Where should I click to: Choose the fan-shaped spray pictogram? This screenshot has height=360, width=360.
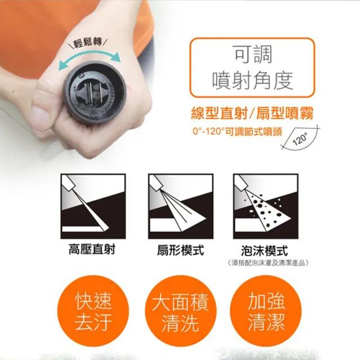pos(180,205)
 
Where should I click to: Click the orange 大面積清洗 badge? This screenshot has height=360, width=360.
pos(180,313)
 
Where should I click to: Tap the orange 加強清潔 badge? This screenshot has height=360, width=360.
pos(267,313)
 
